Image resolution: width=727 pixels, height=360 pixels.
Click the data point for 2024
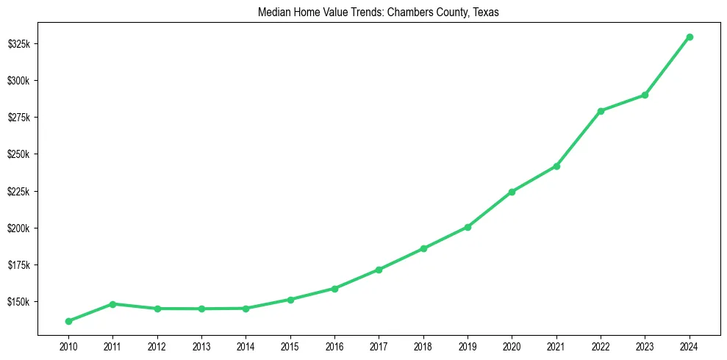pos(690,37)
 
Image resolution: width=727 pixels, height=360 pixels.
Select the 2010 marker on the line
pos(68,321)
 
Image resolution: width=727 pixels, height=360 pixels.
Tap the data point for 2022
pos(601,111)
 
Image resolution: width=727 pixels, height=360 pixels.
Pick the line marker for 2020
pos(512,192)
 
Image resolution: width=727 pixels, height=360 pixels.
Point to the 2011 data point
pos(112,303)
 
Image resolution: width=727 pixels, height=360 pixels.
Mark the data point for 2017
pos(379,270)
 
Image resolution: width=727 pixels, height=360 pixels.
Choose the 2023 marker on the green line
pos(645,95)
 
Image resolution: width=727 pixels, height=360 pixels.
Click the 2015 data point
pos(290,300)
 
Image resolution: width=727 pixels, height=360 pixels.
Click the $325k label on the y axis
pos(18,44)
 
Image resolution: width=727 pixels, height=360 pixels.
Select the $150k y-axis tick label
pos(18,302)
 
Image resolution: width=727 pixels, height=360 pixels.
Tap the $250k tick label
pos(18,154)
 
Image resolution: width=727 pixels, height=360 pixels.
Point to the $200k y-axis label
pos(18,228)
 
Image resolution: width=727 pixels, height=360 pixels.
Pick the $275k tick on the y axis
pos(18,118)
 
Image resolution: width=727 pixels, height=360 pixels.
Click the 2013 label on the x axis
pos(201,346)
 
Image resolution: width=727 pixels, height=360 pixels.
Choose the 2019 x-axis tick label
pos(468,346)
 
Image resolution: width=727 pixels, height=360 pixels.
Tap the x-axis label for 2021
pos(556,346)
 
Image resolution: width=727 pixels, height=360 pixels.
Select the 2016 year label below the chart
pos(334,346)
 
